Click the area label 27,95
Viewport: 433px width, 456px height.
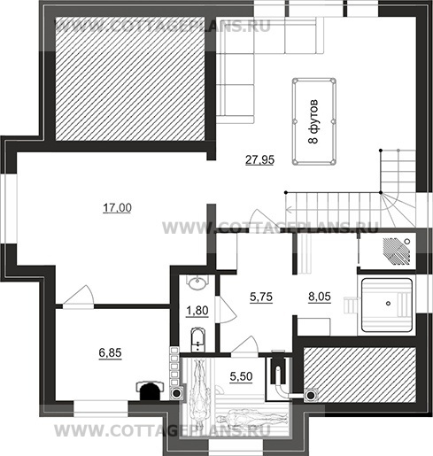coord(259,159)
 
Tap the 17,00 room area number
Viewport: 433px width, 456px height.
coord(117,208)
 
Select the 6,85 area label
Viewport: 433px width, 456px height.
coord(110,352)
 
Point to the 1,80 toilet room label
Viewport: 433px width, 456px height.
coord(197,311)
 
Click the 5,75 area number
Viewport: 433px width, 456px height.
coord(261,297)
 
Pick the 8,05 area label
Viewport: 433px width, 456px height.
coord(320,297)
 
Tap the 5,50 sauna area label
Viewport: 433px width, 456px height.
coord(241,376)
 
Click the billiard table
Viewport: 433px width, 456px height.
coord(314,121)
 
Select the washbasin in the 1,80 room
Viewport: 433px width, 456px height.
coord(197,283)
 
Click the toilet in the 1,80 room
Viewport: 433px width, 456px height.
coord(197,339)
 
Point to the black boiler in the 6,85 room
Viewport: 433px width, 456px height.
coord(150,390)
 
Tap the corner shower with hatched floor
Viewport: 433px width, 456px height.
coord(397,251)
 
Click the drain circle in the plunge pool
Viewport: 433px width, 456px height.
coord(389,303)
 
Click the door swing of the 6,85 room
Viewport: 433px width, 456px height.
coord(79,295)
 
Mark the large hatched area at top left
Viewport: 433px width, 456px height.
coord(130,79)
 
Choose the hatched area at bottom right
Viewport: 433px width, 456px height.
coord(360,375)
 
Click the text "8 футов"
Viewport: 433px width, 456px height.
coord(314,121)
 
